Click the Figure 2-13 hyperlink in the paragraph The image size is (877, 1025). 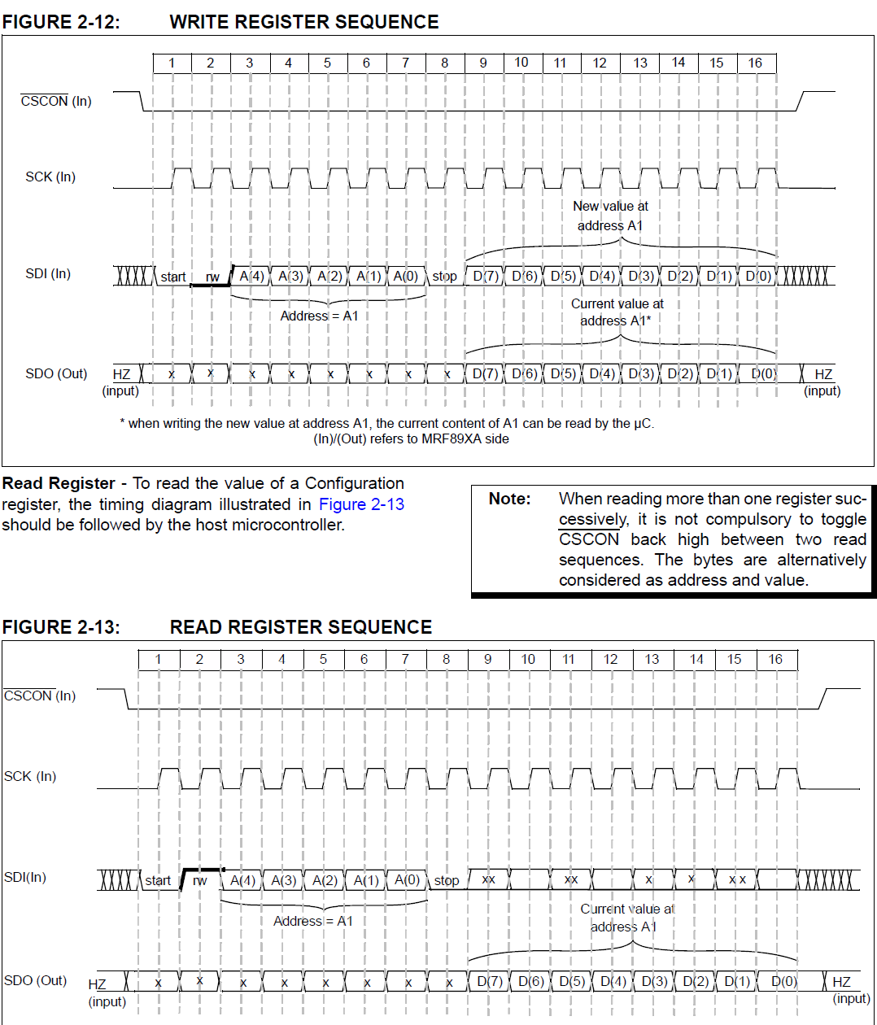click(x=361, y=504)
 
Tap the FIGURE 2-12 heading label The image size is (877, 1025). click(x=61, y=22)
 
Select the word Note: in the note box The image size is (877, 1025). click(x=509, y=499)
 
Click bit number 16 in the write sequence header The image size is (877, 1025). click(x=755, y=63)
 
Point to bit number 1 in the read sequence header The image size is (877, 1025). click(x=158, y=659)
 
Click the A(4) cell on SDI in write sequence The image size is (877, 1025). click(x=251, y=276)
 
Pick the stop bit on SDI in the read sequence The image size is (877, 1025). click(x=447, y=880)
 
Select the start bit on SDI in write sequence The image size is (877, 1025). click(x=172, y=277)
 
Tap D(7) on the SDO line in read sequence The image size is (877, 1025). click(x=490, y=981)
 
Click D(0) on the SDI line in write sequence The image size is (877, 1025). click(x=758, y=276)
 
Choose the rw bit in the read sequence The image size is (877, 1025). click(x=199, y=880)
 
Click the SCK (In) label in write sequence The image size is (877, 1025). click(x=50, y=177)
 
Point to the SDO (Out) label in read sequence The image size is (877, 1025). click(x=35, y=980)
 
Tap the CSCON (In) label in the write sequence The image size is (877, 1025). click(x=56, y=101)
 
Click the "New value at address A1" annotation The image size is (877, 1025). click(x=610, y=216)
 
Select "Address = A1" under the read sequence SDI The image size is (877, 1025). click(x=313, y=921)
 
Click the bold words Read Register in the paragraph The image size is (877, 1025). click(x=59, y=483)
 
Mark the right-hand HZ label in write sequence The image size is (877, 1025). click(x=823, y=374)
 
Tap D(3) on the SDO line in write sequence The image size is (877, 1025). click(x=641, y=373)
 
